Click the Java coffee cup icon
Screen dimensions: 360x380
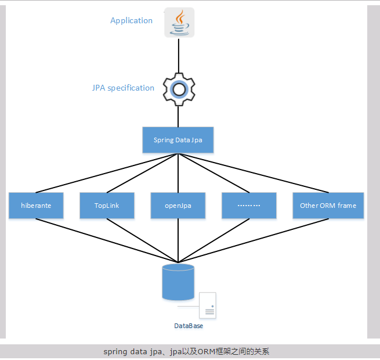[x=179, y=23]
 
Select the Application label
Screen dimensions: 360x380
[x=131, y=20]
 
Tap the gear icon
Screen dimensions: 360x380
[x=179, y=89]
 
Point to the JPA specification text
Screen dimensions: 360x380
[x=123, y=88]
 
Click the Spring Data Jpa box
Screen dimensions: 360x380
[x=178, y=140]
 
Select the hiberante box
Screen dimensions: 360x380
[x=36, y=206]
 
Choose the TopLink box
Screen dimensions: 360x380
[x=107, y=206]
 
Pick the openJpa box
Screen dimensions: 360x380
[x=178, y=206]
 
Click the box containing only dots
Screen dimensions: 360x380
[x=249, y=206]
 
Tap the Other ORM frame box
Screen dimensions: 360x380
[x=328, y=206]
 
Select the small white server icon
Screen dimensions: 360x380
[x=207, y=305]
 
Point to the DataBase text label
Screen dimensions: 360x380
[x=189, y=326]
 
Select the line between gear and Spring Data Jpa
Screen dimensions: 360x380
[x=179, y=116]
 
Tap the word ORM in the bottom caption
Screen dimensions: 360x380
[x=206, y=352]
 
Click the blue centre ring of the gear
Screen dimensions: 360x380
[x=179, y=89]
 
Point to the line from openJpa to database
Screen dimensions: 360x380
[x=178, y=241]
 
